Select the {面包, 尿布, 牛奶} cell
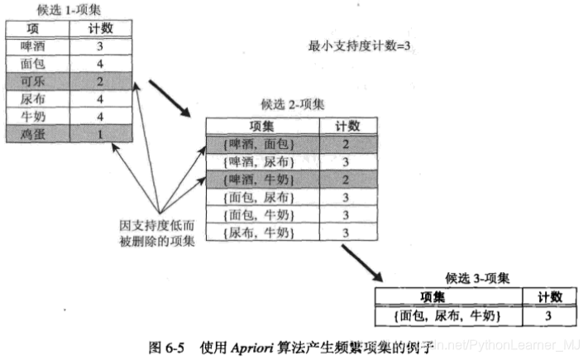click(x=444, y=315)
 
